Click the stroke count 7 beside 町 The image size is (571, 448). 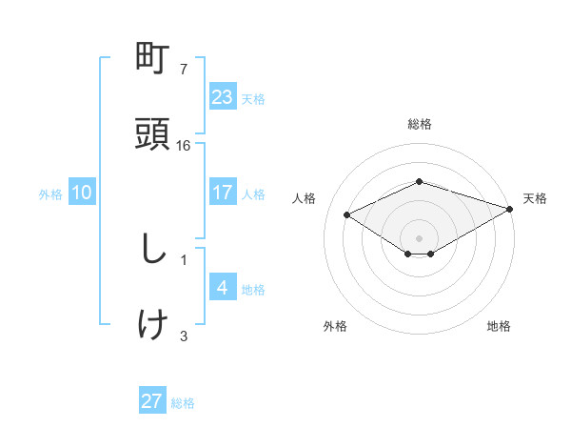pos(184,70)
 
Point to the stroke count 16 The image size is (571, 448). pos(185,146)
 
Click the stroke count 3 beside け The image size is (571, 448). pos(184,335)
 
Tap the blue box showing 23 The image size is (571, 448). pos(223,97)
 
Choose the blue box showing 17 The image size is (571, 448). pos(223,193)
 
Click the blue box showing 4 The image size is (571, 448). pos(223,287)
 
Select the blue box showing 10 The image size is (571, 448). pos(82,193)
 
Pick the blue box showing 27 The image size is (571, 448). pos(152,401)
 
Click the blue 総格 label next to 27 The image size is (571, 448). pos(183,403)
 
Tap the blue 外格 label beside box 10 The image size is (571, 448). pos(50,194)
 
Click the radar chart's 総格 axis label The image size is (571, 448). pos(420,124)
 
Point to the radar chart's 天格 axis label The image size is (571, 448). pos(535,198)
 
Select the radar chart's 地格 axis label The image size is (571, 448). pos(499,326)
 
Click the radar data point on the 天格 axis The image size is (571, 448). pos(511,209)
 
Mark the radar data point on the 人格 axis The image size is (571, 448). pos(347,214)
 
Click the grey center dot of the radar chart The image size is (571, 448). pos(420,237)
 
